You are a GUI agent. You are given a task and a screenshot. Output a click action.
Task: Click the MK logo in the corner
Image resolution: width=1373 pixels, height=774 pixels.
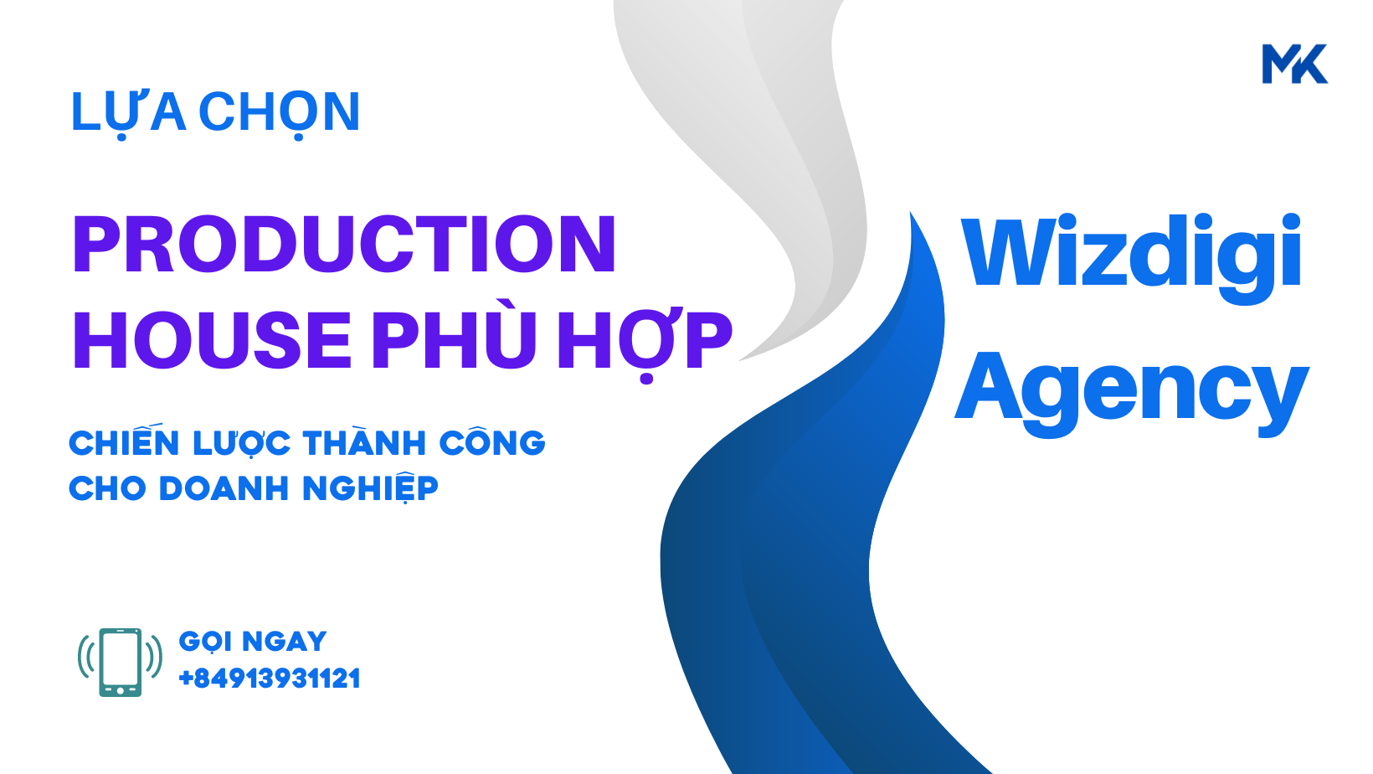1294,63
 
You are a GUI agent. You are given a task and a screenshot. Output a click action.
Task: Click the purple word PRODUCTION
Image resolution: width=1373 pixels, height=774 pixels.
344,244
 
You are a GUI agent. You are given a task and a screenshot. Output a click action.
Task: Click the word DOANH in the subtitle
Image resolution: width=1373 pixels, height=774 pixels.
224,489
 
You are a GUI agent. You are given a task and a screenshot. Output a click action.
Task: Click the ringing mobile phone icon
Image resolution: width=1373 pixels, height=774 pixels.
121,663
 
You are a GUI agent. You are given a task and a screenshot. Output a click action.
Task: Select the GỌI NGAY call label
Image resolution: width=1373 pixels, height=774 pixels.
253,642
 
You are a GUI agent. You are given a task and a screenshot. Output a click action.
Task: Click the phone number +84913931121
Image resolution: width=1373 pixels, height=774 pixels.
269,679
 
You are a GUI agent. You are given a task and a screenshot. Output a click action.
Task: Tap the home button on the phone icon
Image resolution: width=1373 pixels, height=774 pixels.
121,690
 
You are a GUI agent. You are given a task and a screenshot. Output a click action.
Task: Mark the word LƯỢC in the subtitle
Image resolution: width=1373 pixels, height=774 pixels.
241,443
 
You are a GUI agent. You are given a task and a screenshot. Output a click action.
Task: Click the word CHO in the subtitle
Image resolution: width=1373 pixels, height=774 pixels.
107,489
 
